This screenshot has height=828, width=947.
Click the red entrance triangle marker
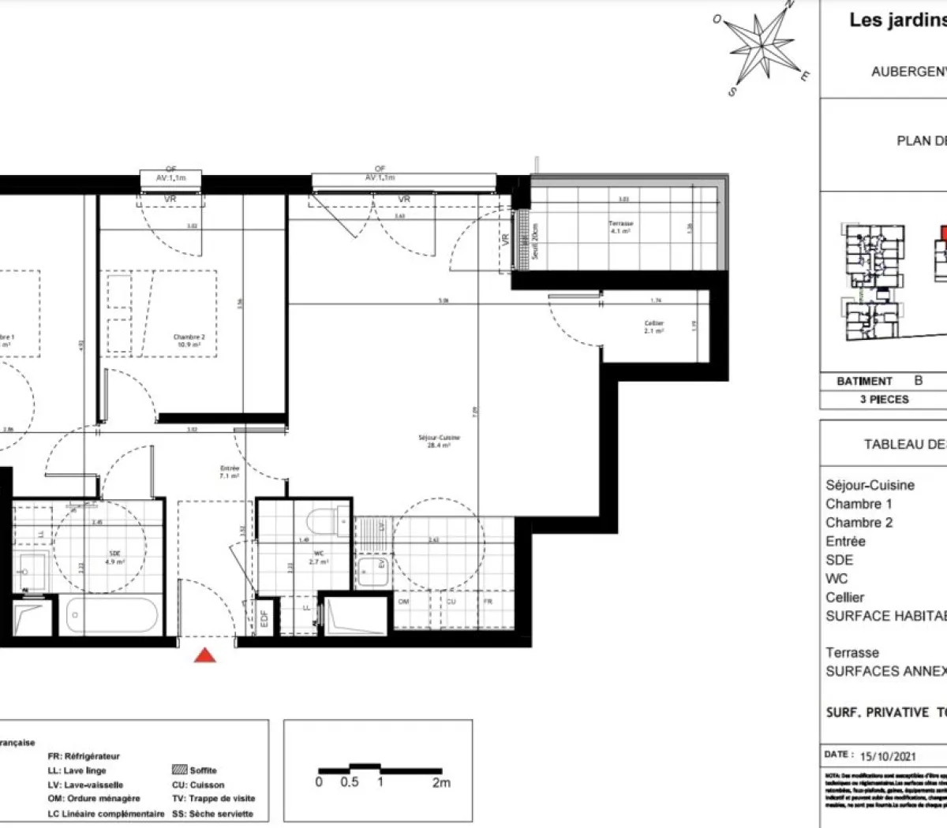click(205, 655)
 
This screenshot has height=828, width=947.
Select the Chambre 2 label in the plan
click(189, 341)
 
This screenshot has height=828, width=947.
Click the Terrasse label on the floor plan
click(620, 227)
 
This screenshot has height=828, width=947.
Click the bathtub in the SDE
click(111, 615)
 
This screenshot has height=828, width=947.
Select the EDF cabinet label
click(264, 619)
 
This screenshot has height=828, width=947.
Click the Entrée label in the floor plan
click(230, 472)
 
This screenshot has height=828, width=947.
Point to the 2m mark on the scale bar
click(441, 782)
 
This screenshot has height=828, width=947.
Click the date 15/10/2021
click(888, 755)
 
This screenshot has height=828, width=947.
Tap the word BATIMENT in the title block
click(864, 381)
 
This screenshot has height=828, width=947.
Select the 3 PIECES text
click(884, 400)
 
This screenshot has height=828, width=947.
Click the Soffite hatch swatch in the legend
click(179, 770)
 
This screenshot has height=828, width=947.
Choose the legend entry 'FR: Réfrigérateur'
click(84, 756)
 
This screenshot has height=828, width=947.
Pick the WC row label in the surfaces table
click(837, 579)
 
